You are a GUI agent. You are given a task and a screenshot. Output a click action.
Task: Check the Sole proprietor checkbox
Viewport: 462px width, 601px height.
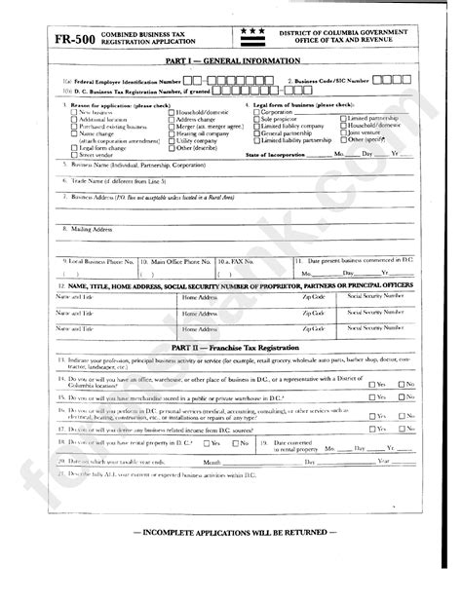click(255, 119)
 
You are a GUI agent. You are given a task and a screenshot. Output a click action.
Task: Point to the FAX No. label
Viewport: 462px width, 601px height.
click(246, 261)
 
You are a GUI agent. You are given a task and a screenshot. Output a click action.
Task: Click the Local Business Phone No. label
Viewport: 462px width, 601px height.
click(97, 261)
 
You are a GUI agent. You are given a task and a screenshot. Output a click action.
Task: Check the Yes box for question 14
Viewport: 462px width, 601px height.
click(372, 384)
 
